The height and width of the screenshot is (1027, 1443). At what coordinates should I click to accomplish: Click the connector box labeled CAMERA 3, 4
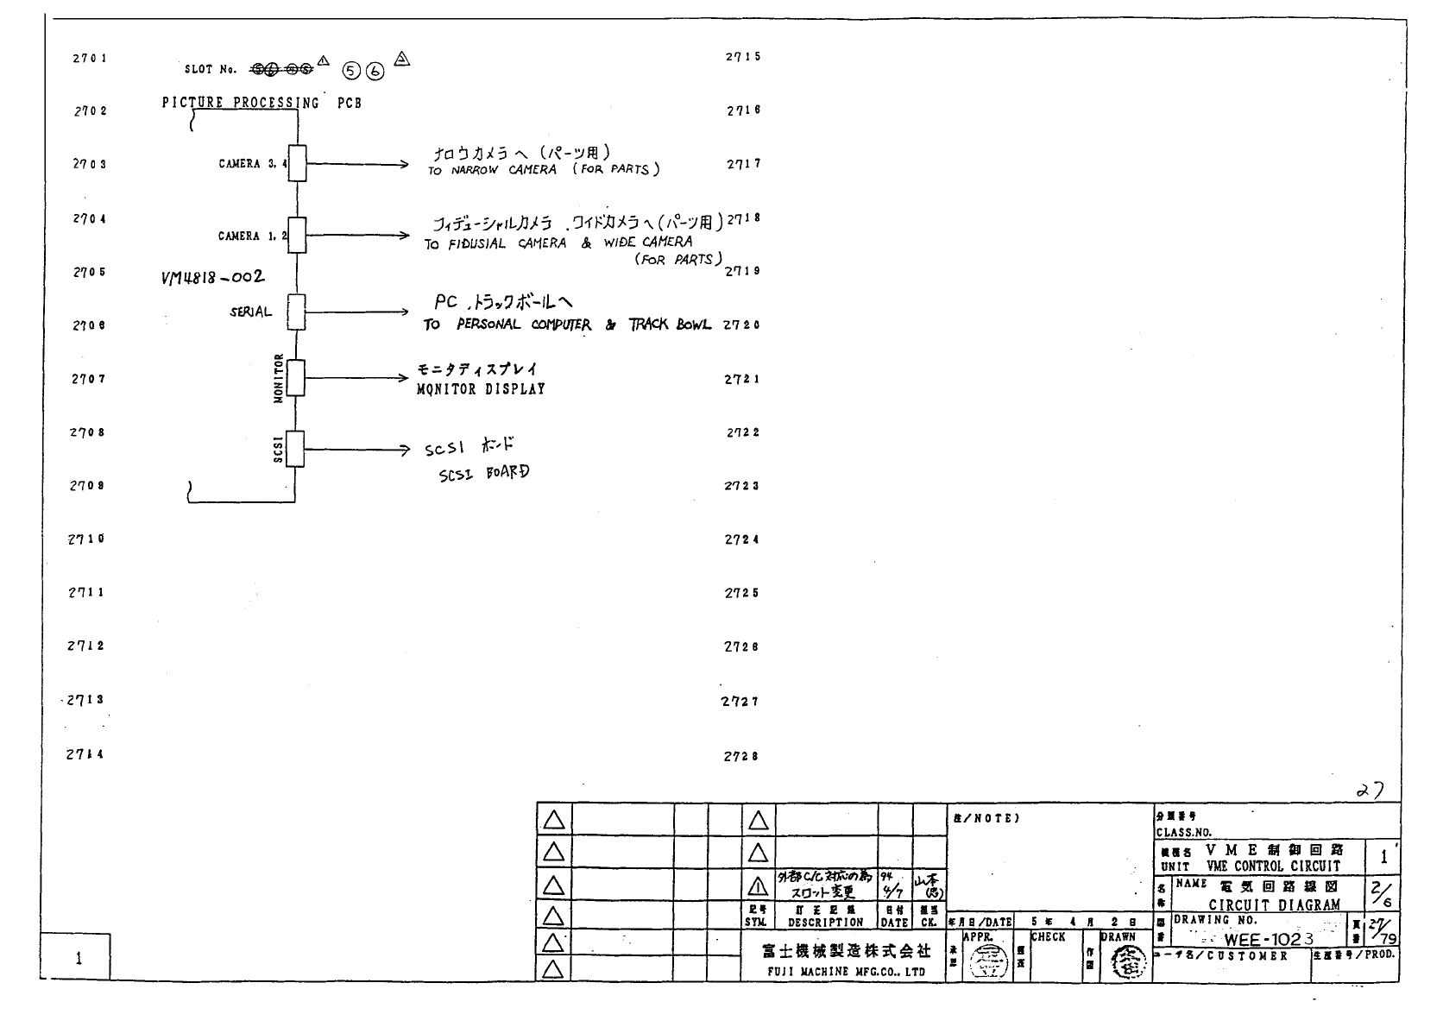point(297,163)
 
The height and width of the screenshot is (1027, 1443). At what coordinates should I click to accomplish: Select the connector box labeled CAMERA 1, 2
point(297,236)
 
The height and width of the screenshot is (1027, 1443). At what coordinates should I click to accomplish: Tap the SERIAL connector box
point(296,312)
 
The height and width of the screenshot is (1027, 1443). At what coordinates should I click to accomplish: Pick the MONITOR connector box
point(295,378)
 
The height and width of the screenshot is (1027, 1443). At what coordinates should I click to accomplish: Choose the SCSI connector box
point(295,449)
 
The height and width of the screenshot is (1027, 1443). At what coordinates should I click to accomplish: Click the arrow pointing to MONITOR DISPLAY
point(356,378)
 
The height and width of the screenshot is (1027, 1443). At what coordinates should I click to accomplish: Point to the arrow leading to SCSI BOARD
point(356,450)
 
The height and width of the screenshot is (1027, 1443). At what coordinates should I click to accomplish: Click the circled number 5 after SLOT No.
point(351,72)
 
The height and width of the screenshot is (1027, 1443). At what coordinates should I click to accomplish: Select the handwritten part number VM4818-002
point(213,277)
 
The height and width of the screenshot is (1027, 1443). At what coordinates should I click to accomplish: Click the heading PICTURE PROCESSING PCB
point(262,103)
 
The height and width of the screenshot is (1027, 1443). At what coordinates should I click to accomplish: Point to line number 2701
point(90,59)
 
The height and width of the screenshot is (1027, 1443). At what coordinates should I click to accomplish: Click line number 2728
point(741,757)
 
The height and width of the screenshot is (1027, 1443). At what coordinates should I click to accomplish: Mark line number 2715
point(743,57)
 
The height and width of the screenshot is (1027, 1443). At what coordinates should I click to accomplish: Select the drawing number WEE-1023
point(1269,939)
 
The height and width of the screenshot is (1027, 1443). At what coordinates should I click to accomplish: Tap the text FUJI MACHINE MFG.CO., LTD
point(846,972)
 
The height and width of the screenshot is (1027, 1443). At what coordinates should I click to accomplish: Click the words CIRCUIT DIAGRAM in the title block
point(1274,904)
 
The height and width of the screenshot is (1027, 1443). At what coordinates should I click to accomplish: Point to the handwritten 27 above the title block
point(1370,790)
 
